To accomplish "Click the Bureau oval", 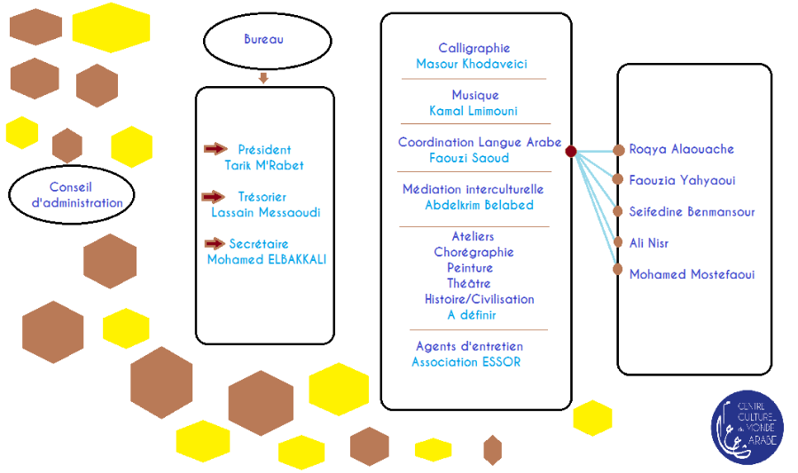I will [x=267, y=41].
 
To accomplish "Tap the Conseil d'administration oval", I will [x=71, y=195].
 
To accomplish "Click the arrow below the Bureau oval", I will [x=263, y=78].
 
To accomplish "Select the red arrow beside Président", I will [x=215, y=149].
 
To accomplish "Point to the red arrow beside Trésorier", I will [x=213, y=196].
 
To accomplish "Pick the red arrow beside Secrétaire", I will [x=215, y=243].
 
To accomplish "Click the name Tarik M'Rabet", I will [x=264, y=165].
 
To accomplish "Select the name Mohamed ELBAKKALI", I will [x=266, y=259].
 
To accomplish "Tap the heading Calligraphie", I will [x=473, y=48].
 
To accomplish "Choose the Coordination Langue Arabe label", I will [x=479, y=142].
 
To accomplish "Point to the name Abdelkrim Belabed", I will [x=479, y=205].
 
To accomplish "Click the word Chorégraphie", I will [x=473, y=252].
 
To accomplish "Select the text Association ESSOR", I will [x=466, y=362].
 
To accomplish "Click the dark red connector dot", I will [x=571, y=152].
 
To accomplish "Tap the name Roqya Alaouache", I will [x=681, y=149].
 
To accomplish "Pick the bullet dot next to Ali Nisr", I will [x=618, y=242].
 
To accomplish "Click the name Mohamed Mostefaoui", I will [x=692, y=274].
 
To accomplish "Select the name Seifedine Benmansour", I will [x=692, y=212].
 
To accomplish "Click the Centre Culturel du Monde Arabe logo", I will [x=747, y=428].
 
